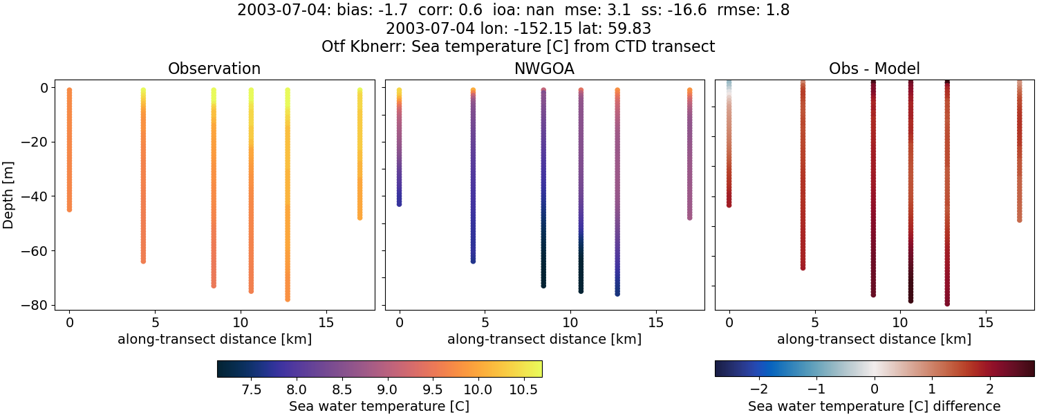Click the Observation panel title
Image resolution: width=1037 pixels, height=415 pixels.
pyautogui.click(x=214, y=69)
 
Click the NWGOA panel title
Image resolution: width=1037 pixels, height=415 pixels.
pyautogui.click(x=544, y=69)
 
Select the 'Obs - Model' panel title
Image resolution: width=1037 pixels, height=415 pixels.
pyautogui.click(x=875, y=69)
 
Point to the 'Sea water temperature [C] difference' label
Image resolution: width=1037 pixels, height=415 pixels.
pyautogui.click(x=875, y=406)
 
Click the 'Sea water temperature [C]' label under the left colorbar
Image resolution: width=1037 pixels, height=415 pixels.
pyautogui.click(x=379, y=406)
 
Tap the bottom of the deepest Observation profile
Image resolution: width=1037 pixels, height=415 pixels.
pyautogui.click(x=287, y=299)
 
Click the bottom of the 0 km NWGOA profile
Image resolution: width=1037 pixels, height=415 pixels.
pyautogui.click(x=399, y=203)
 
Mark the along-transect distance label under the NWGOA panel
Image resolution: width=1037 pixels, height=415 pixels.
pyautogui.click(x=544, y=340)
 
